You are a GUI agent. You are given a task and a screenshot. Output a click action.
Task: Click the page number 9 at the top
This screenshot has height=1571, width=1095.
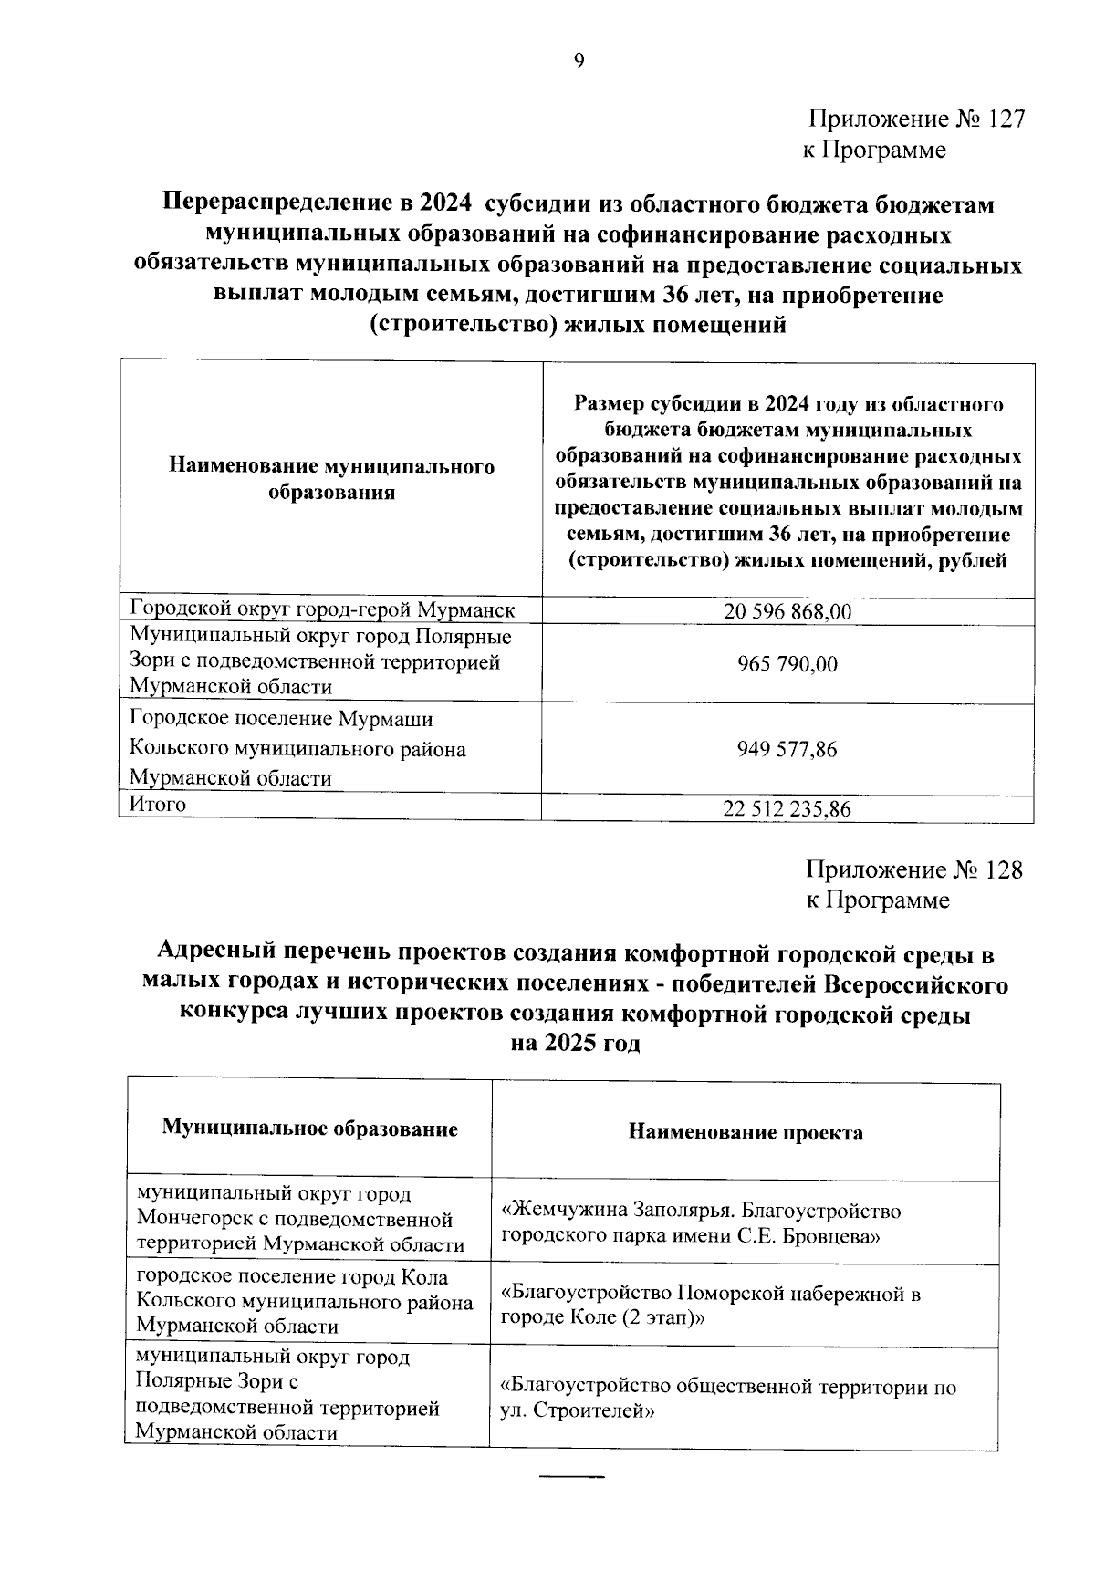(578, 61)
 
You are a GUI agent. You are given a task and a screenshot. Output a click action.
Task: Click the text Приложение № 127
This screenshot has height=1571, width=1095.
(915, 120)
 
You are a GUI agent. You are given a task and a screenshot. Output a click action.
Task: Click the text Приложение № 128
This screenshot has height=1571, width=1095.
(914, 869)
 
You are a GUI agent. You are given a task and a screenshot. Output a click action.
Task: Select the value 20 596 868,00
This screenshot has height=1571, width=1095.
(787, 612)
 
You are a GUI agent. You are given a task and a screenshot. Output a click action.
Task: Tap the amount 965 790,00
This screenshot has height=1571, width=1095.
(787, 664)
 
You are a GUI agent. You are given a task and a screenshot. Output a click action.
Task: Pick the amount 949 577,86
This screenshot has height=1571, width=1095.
(787, 750)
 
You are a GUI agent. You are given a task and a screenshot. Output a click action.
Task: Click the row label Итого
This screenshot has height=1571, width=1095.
(158, 804)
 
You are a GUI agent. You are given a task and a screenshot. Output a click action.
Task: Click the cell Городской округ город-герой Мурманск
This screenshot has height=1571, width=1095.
(322, 609)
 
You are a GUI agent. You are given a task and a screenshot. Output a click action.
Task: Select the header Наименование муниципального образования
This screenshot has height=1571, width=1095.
(331, 480)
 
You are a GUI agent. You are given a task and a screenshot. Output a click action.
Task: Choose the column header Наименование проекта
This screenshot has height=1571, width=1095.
(746, 1133)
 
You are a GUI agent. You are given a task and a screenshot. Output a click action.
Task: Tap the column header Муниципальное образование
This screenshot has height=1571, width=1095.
(309, 1129)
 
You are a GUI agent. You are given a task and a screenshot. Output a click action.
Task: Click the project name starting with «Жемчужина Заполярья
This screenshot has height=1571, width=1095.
(701, 1223)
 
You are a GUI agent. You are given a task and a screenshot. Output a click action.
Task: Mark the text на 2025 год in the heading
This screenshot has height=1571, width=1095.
(575, 1044)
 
